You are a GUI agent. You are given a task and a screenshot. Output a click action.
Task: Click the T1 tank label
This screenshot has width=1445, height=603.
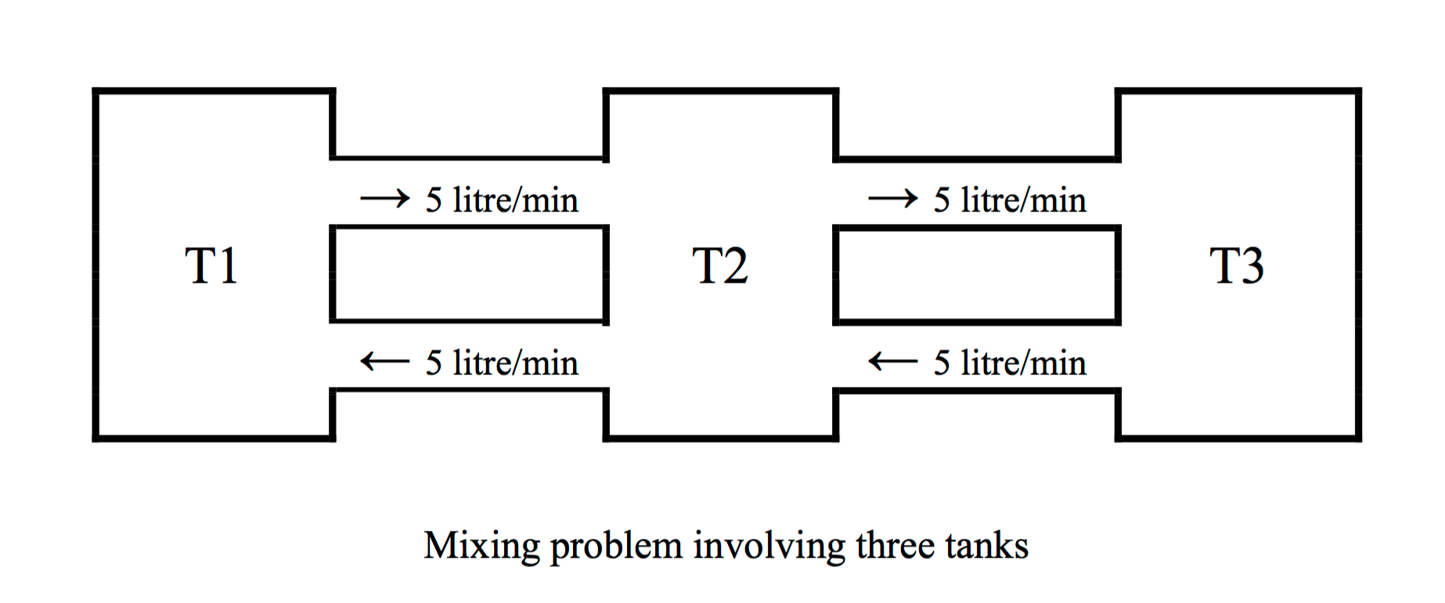pyautogui.click(x=211, y=266)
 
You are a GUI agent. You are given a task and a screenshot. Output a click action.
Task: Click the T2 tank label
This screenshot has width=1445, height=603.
pyautogui.click(x=720, y=266)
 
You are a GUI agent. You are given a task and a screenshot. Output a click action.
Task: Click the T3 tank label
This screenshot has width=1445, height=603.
pyautogui.click(x=1237, y=266)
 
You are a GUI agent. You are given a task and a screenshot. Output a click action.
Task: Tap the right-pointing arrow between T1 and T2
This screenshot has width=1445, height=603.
pyautogui.click(x=384, y=198)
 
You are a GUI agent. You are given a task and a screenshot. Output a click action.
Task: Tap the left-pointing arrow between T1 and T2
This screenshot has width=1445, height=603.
pyautogui.click(x=384, y=362)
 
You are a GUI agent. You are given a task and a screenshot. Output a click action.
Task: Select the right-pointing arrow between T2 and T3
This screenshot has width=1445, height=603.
pyautogui.click(x=892, y=198)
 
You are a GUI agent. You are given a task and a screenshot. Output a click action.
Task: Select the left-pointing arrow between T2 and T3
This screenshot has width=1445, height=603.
pyautogui.click(x=892, y=362)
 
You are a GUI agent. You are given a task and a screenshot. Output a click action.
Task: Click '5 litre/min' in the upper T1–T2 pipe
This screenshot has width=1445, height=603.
pyautogui.click(x=502, y=200)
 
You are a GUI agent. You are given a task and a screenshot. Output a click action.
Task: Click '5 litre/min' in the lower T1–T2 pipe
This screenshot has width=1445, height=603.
pyautogui.click(x=502, y=363)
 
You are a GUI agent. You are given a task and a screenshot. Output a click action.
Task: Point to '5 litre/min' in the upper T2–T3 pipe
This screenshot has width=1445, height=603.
pyautogui.click(x=1010, y=200)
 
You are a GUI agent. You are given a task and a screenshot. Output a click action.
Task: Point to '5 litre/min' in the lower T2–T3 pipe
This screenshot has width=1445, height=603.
pyautogui.click(x=1010, y=363)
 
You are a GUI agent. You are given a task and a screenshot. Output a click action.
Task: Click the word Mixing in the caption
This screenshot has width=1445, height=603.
pyautogui.click(x=481, y=546)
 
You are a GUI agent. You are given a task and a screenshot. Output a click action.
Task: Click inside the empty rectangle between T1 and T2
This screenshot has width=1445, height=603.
pyautogui.click(x=470, y=274)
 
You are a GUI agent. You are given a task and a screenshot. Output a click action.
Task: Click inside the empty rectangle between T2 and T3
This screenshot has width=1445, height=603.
pyautogui.click(x=976, y=274)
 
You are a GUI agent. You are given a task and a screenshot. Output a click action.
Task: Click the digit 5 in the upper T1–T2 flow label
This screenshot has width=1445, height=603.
pyautogui.click(x=434, y=200)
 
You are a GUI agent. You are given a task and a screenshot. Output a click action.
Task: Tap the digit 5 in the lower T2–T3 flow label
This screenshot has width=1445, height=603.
pyautogui.click(x=942, y=363)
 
